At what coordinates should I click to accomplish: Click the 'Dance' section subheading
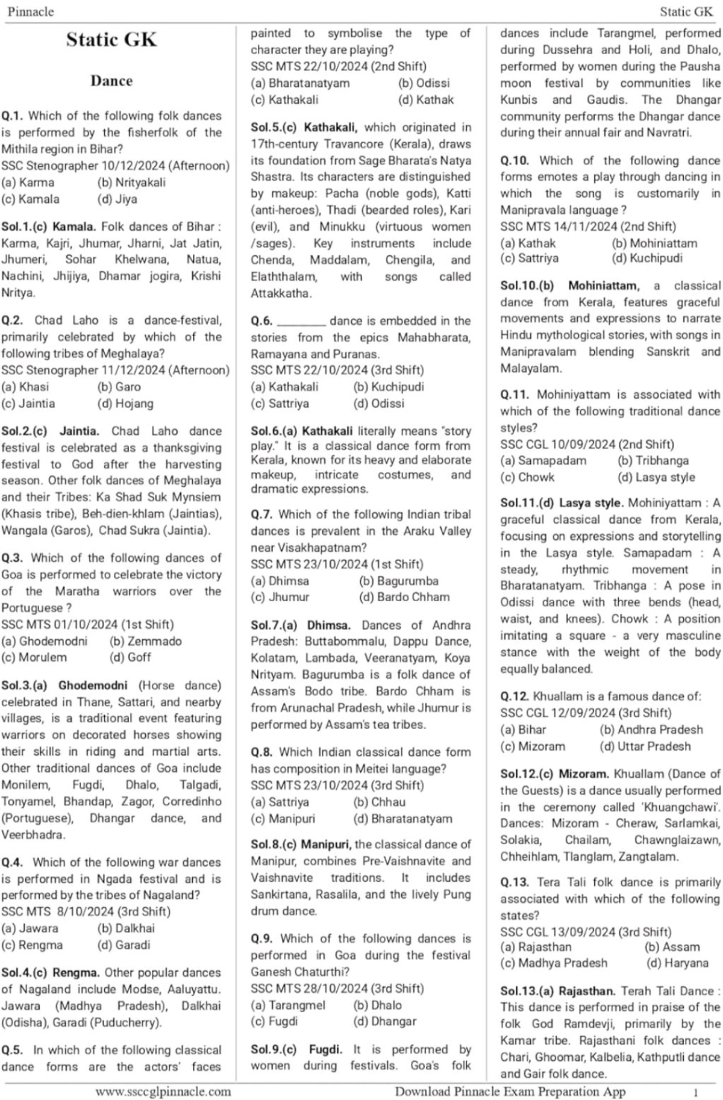[111, 81]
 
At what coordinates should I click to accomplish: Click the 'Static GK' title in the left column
[111, 40]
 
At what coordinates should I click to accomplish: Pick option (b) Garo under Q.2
[119, 387]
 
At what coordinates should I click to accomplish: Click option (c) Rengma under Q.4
[32, 945]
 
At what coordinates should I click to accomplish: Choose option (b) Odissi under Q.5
[424, 83]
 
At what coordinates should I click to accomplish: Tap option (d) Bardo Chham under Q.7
[404, 597]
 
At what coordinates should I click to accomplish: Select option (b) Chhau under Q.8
[380, 802]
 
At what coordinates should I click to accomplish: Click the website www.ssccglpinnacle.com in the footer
[163, 1091]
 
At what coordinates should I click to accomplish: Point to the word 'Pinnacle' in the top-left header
[31, 11]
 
